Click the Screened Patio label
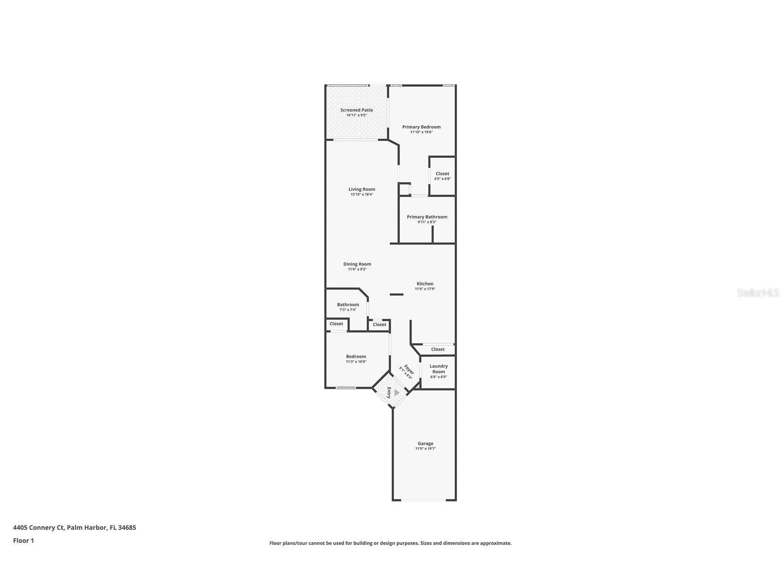click(x=357, y=110)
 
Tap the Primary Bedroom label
click(x=421, y=127)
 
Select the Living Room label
click(x=362, y=189)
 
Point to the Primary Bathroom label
click(x=427, y=217)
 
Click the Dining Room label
click(x=357, y=264)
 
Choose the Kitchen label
click(x=425, y=284)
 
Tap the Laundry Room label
click(x=439, y=369)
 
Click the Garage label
click(x=425, y=444)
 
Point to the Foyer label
click(x=409, y=369)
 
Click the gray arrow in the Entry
click(x=397, y=393)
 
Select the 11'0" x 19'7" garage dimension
click(x=425, y=449)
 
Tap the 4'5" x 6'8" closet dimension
click(x=442, y=179)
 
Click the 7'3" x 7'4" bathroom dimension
click(x=348, y=310)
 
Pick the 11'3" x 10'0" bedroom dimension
click(x=356, y=362)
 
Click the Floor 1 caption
click(x=23, y=540)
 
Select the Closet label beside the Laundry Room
click(x=438, y=349)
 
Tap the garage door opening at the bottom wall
click(x=424, y=500)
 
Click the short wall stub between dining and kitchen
click(x=396, y=294)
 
